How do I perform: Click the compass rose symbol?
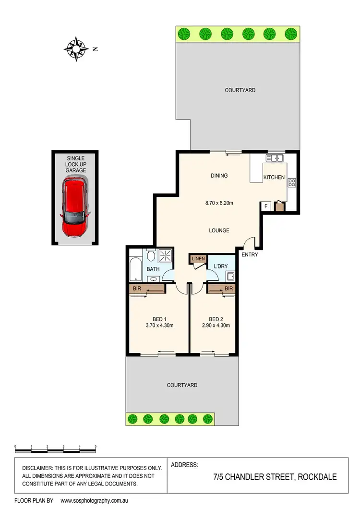click(x=76, y=48)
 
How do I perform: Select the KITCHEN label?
click(x=274, y=178)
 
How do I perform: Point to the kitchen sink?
click(x=276, y=158)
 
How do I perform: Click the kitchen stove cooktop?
click(x=291, y=182)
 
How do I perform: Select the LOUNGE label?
click(x=219, y=230)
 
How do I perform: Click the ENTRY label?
click(x=250, y=254)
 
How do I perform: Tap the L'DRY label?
click(x=221, y=266)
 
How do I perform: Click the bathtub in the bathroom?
click(x=134, y=270)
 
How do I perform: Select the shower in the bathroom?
click(x=166, y=255)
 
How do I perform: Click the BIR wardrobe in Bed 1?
click(x=146, y=289)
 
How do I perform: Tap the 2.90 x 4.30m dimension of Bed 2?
click(x=213, y=326)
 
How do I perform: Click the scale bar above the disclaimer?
click(x=55, y=450)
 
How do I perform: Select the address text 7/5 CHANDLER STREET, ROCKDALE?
click(x=275, y=477)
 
